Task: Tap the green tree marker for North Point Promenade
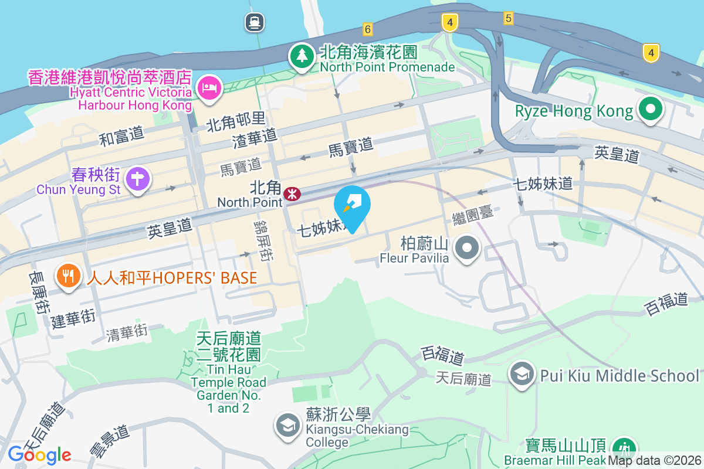(x=302, y=57)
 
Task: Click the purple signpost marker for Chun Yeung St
(x=138, y=178)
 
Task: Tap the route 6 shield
(x=368, y=29)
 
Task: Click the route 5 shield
(x=508, y=19)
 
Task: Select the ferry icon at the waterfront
(x=255, y=23)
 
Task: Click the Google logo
(x=40, y=454)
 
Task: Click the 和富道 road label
(x=121, y=136)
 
